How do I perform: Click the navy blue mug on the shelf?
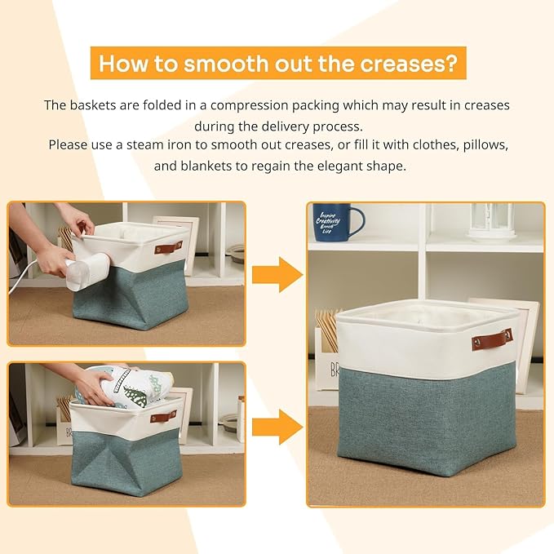(336, 221)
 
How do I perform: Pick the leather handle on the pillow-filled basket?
(163, 417)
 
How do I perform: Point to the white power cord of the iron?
(24, 270)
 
